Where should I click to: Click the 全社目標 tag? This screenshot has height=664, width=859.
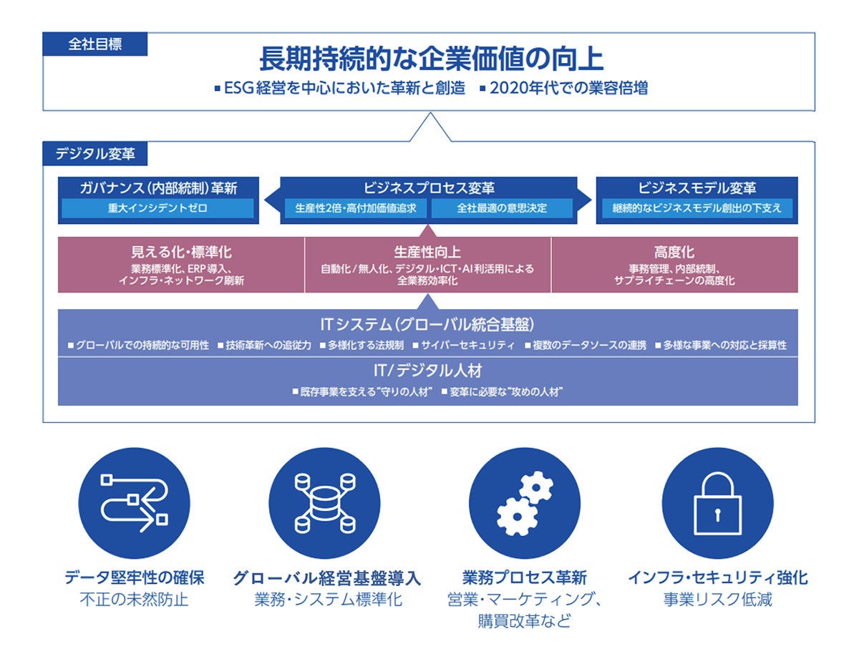(95, 44)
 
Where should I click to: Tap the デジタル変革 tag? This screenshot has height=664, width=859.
(95, 153)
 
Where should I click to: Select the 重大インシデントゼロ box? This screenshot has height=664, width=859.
(158, 209)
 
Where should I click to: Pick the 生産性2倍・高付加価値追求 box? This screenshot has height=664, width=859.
(356, 209)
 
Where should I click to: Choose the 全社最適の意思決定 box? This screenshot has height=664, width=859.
(502, 209)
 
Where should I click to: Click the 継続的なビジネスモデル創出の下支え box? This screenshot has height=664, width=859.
(697, 209)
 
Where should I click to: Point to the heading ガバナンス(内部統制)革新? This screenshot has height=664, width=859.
(158, 188)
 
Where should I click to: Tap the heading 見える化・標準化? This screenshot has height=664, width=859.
(181, 252)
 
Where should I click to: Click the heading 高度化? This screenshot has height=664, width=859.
(674, 252)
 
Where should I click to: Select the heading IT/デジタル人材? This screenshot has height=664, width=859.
(427, 371)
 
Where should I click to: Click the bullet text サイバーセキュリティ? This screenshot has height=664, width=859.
(467, 346)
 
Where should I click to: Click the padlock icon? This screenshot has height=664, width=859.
(717, 504)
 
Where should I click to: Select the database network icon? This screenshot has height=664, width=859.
(324, 504)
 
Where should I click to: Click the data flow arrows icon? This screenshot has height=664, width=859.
(134, 504)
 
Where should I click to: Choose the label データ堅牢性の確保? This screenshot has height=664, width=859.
(134, 577)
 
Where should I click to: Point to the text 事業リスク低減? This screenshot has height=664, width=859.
(717, 600)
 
